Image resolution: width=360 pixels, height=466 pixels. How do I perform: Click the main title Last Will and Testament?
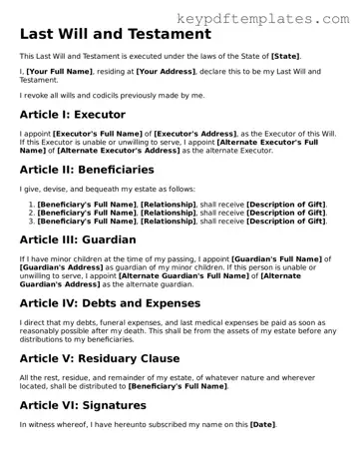click(x=116, y=35)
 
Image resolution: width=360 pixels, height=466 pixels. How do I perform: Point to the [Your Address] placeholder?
click(x=165, y=72)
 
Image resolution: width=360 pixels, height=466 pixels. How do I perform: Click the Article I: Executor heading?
click(x=73, y=116)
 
